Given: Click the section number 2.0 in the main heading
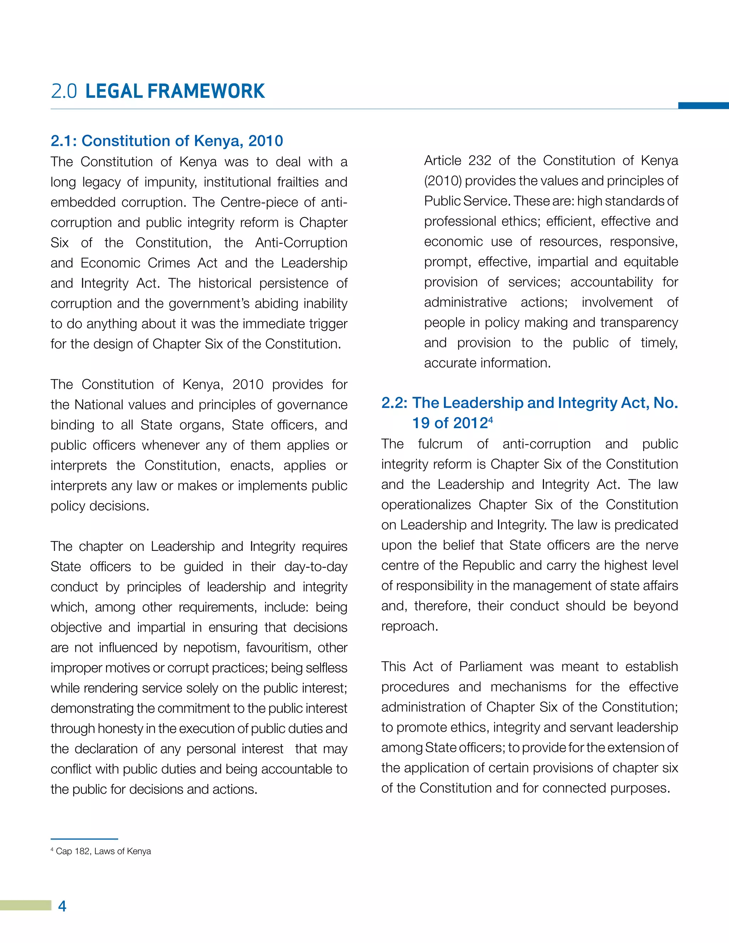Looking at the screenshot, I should click(x=64, y=91).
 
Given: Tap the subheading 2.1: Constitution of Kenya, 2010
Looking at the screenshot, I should click(x=167, y=141).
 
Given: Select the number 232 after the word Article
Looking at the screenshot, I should click(x=479, y=160).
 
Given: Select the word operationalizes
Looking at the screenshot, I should click(x=426, y=505).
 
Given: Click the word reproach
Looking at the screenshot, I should click(x=409, y=626).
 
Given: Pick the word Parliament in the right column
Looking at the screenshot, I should click(x=491, y=667).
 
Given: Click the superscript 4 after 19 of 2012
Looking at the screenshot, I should click(x=491, y=419).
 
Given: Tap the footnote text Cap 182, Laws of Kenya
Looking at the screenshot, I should click(x=103, y=851).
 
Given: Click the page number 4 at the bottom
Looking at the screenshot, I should click(x=62, y=906).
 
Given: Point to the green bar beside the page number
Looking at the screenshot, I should click(x=25, y=905).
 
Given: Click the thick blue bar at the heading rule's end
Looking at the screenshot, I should click(x=703, y=106).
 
